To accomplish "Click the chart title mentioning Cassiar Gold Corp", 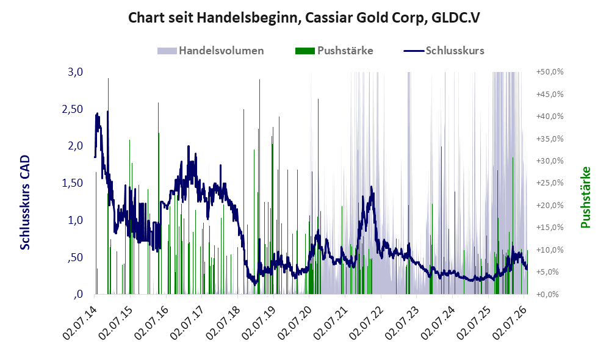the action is pos(304,18).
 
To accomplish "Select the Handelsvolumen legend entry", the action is pos(211,51).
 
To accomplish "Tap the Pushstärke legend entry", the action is pos(334,51).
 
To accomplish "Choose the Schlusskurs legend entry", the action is pos(444,51).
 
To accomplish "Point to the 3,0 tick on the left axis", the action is pos(75,72).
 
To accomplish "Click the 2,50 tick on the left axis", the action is pos(73,109).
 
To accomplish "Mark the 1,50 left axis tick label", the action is pos(73,183).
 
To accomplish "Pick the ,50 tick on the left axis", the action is pos(75,257).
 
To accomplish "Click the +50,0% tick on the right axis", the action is pos(550,72).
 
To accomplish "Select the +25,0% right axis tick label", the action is pos(550,183).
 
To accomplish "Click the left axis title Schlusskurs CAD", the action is pos(24,202).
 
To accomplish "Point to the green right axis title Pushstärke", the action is pos(585,197).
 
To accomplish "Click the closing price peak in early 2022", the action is pos(371,187).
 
